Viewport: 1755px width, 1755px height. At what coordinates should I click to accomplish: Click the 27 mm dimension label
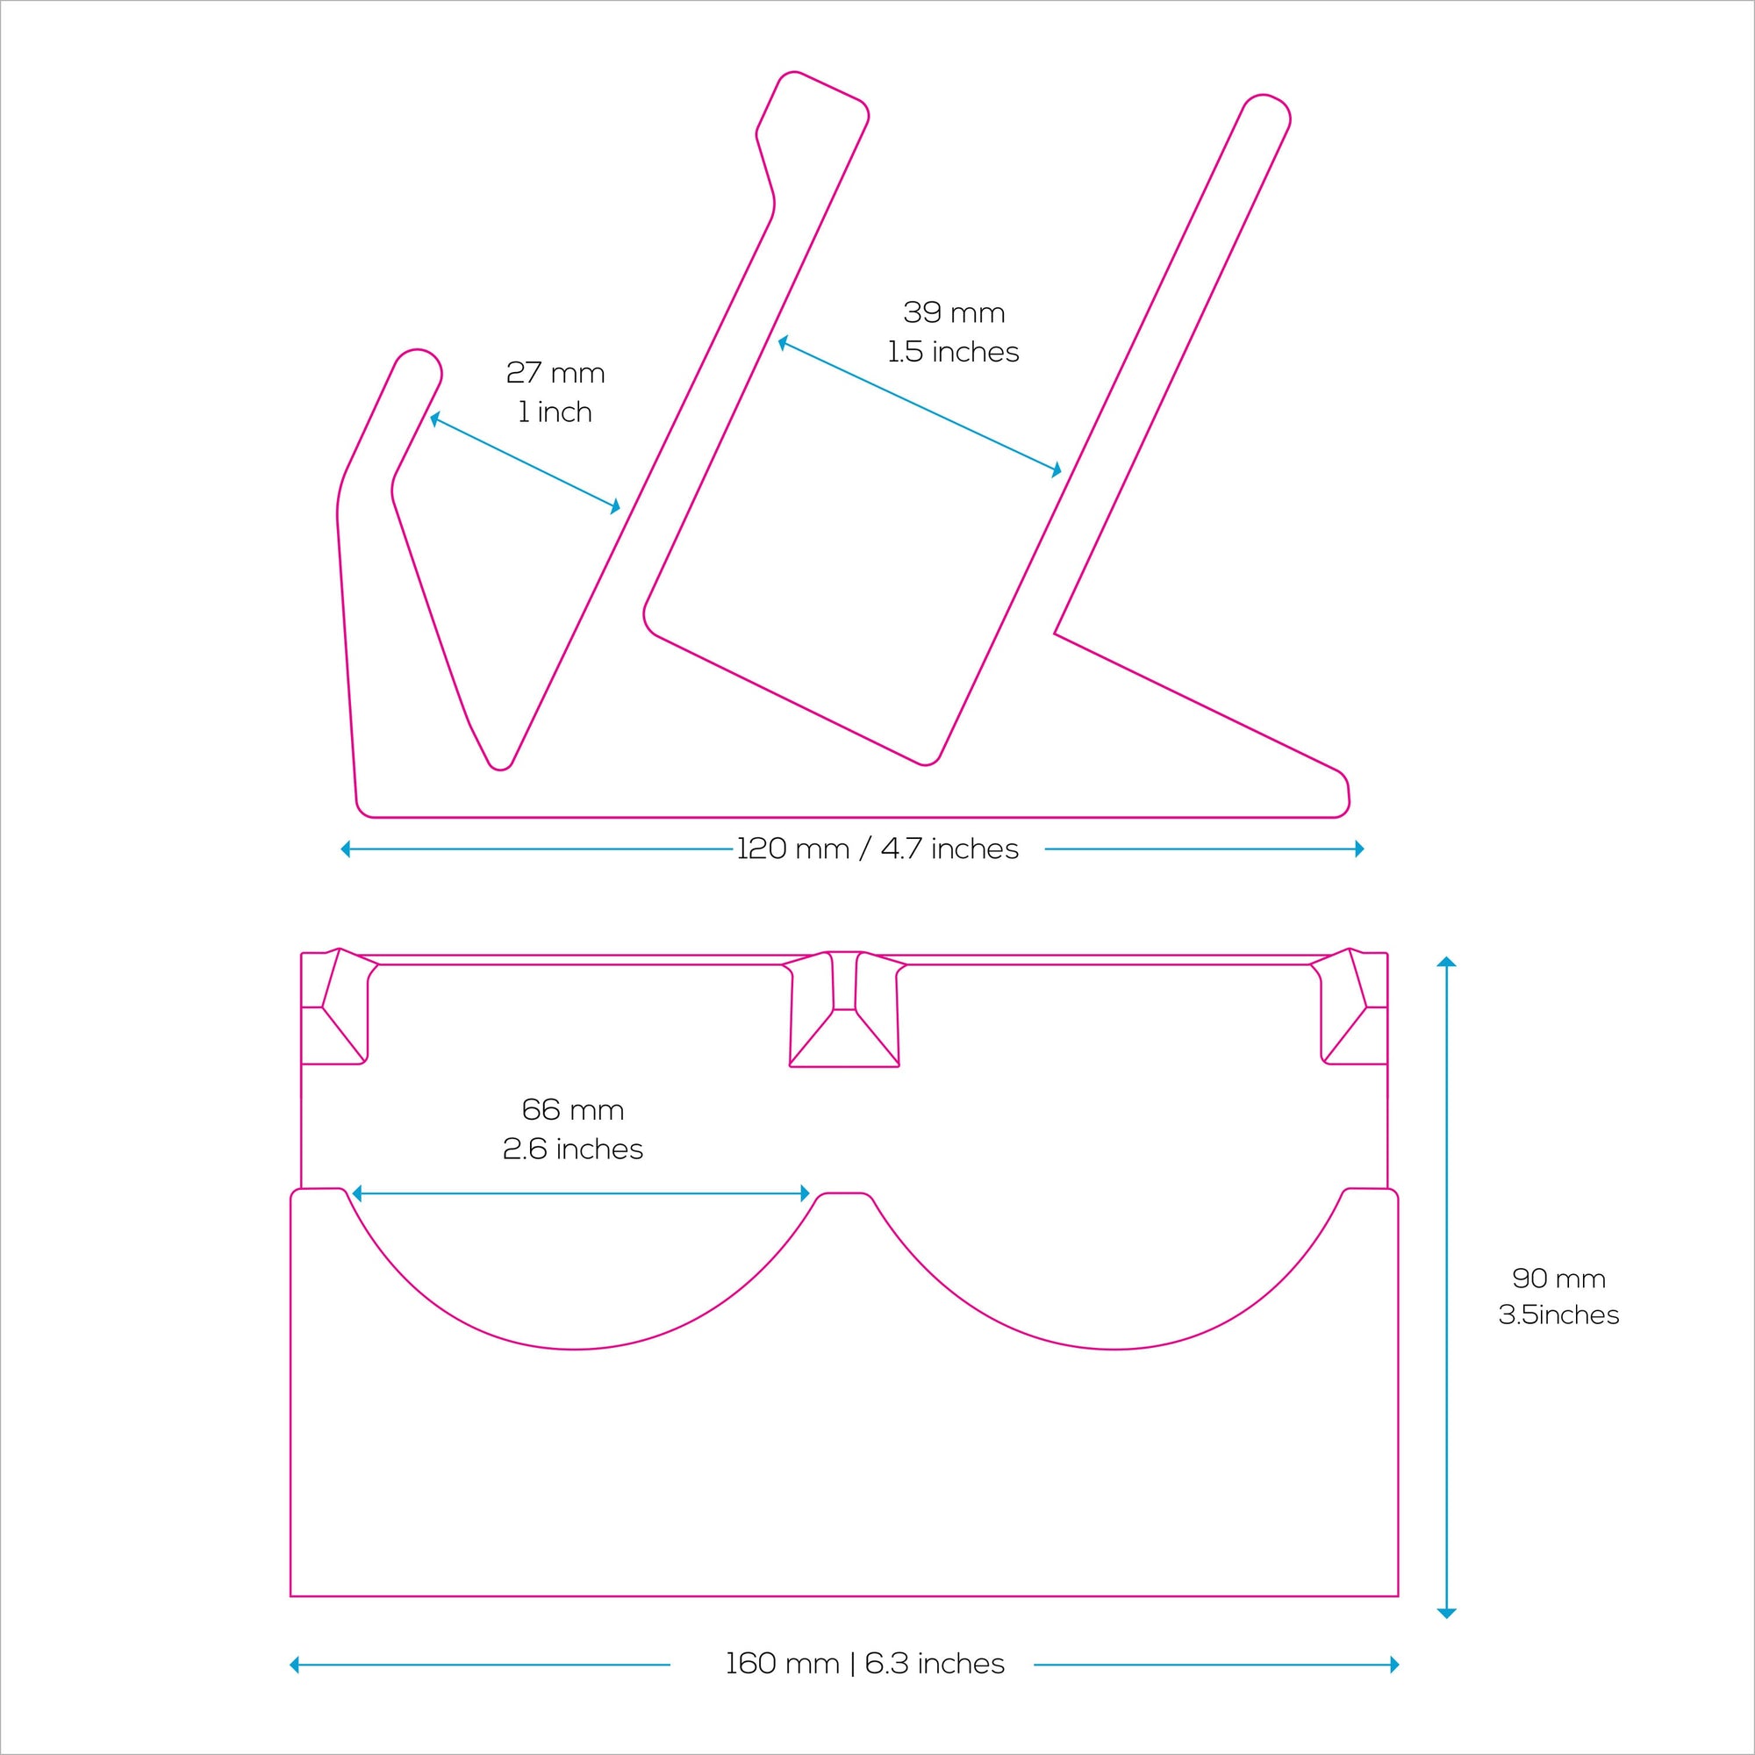click(555, 373)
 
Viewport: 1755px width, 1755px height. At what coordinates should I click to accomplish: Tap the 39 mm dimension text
click(954, 313)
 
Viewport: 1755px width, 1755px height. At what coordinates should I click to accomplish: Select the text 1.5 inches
click(954, 353)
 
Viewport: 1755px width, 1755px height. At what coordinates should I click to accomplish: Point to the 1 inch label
click(555, 412)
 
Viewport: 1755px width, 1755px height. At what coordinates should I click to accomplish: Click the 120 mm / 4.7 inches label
click(877, 849)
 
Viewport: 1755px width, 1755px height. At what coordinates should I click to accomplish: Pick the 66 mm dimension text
click(572, 1110)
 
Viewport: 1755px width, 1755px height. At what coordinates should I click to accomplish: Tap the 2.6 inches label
click(572, 1150)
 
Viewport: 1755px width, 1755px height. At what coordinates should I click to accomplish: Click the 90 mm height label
click(1558, 1279)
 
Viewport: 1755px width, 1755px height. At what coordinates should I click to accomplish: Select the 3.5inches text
click(1558, 1315)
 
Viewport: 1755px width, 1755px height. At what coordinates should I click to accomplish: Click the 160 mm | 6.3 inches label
click(865, 1664)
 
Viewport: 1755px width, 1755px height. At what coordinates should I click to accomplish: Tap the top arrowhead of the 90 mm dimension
click(1447, 962)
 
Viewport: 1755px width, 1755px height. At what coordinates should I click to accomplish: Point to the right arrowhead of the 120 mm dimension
click(1359, 849)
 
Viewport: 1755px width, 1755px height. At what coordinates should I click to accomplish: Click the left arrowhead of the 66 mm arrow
click(357, 1193)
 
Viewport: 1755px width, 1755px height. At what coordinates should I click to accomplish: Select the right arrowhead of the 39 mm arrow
click(1057, 470)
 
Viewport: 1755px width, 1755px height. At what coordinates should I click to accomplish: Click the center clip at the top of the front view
click(845, 1008)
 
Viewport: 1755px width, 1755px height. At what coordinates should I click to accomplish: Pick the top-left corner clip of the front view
click(334, 1008)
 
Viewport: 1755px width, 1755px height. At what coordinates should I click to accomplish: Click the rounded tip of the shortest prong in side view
click(417, 362)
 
